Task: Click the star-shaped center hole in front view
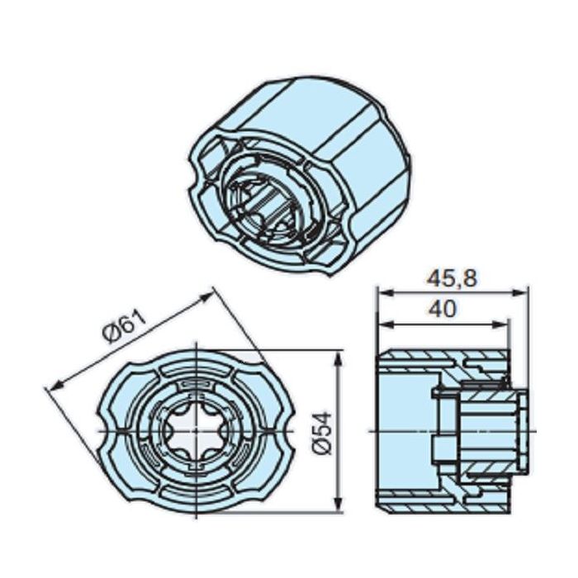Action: point(191,431)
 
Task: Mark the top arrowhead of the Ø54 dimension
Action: point(337,355)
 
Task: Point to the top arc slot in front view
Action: point(191,363)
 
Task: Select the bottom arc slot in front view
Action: point(191,498)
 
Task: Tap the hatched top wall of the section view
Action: point(421,361)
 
